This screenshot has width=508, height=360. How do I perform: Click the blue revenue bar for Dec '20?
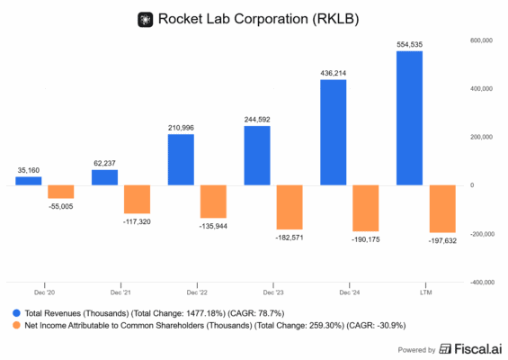click(x=29, y=180)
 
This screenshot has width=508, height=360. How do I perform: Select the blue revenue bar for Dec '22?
click(x=182, y=159)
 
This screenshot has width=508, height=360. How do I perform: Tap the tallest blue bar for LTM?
click(x=410, y=118)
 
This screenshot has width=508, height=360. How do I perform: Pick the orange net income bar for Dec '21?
click(x=137, y=199)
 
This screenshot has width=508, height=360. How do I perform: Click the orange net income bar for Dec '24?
click(x=365, y=208)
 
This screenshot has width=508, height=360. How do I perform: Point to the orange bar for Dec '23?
click(x=290, y=207)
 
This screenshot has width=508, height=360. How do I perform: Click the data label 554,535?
click(x=410, y=43)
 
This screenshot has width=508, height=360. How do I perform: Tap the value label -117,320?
click(x=136, y=220)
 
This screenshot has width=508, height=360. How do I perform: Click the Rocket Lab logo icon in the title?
click(x=144, y=18)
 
